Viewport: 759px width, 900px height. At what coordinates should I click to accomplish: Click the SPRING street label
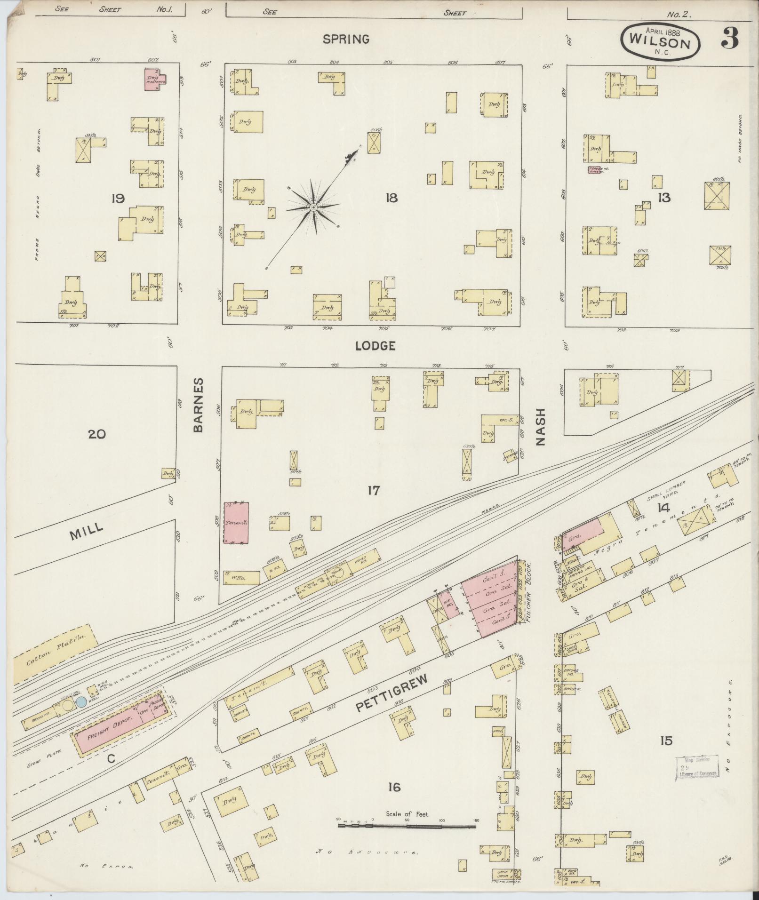tap(345, 39)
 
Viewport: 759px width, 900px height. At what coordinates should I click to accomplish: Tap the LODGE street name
tap(375, 346)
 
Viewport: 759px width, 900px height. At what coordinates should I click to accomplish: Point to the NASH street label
tap(540, 426)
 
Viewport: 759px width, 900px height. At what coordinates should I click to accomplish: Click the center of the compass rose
tap(313, 207)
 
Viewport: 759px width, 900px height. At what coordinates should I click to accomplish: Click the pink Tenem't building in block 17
tap(236, 523)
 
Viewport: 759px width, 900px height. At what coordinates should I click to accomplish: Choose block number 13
tap(664, 198)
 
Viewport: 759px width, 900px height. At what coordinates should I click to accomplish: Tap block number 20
tap(97, 434)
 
